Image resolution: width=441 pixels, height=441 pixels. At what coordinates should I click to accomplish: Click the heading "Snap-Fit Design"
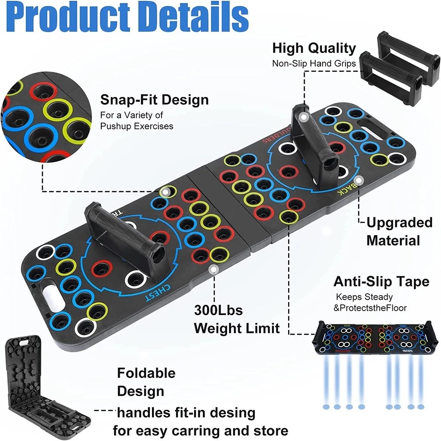[154, 100]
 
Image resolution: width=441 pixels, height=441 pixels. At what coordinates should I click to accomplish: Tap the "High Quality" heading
[314, 48]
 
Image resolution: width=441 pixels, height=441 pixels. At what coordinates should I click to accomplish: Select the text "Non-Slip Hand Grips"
[314, 63]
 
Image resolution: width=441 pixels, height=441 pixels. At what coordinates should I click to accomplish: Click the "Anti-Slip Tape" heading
[381, 282]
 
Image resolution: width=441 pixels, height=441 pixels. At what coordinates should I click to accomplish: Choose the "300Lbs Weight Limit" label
[236, 319]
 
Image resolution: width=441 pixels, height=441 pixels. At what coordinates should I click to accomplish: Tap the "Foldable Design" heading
[146, 382]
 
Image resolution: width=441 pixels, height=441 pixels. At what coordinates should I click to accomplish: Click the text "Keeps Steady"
[364, 297]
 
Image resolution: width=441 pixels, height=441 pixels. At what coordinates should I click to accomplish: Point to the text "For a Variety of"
[132, 115]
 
